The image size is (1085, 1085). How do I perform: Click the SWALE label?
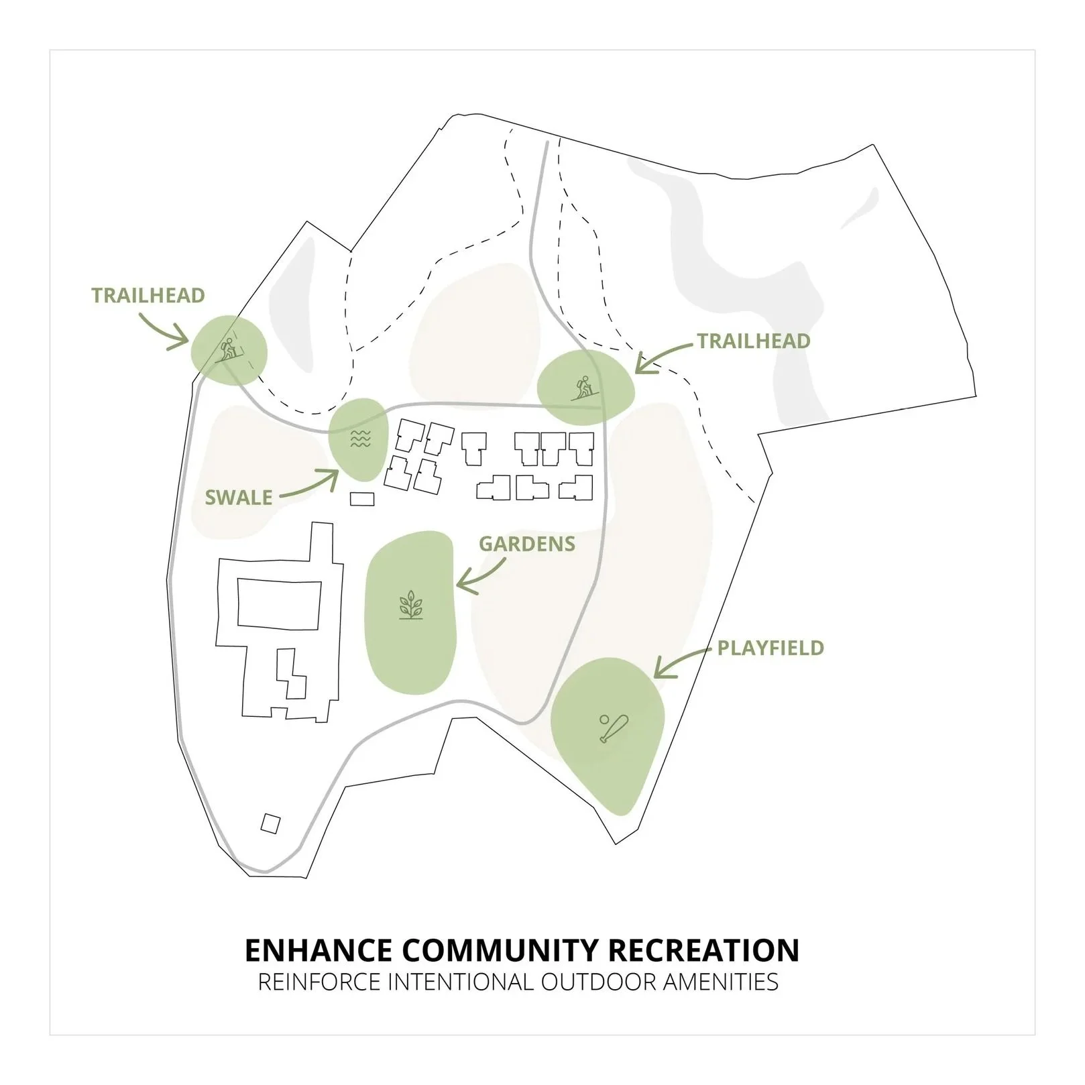[239, 498]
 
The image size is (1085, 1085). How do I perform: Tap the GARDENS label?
[527, 543]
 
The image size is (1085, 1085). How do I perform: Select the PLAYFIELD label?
[770, 648]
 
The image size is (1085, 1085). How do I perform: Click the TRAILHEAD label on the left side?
[148, 296]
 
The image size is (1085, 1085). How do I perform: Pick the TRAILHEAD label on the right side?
[754, 341]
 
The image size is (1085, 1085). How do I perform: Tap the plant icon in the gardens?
[410, 606]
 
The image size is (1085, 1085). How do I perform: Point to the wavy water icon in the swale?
[361, 439]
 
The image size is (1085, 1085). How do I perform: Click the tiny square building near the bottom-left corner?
[270, 823]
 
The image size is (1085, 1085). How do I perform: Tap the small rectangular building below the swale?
[362, 498]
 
